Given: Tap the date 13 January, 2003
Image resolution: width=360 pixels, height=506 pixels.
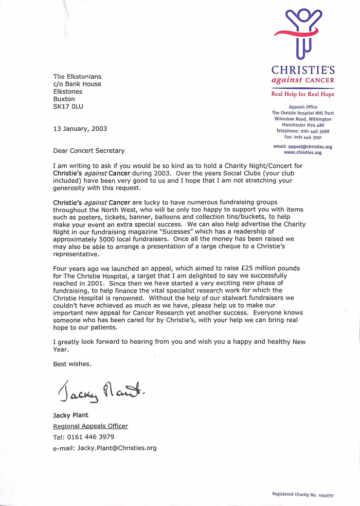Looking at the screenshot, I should pyautogui.click(x=80, y=129).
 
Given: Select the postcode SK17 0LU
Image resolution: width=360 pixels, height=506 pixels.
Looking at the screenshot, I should pyautogui.click(x=68, y=107).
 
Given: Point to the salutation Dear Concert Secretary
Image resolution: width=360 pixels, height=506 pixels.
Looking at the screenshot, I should pyautogui.click(x=88, y=151).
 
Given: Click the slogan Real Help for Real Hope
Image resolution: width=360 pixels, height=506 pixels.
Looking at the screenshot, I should pyautogui.click(x=303, y=94).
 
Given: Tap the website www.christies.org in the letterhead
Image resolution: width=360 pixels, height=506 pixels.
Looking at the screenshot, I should pyautogui.click(x=302, y=152).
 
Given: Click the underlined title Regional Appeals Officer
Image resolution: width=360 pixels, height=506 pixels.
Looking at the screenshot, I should pyautogui.click(x=91, y=426).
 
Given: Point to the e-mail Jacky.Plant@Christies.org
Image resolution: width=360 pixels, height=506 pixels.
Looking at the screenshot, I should pyautogui.click(x=117, y=448).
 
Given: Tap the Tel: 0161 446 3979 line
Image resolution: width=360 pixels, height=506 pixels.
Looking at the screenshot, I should pyautogui.click(x=83, y=437).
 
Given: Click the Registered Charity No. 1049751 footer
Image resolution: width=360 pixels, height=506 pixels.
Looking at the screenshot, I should pyautogui.click(x=303, y=494).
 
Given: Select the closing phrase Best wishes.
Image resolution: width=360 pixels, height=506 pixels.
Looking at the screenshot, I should pyautogui.click(x=72, y=364).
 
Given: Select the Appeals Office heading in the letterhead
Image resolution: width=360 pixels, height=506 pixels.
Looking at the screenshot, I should pyautogui.click(x=303, y=107).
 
